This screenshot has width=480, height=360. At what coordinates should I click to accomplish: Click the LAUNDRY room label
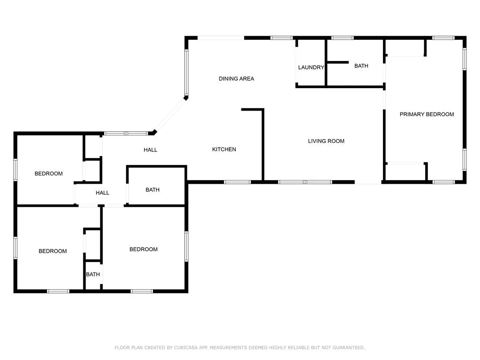311,67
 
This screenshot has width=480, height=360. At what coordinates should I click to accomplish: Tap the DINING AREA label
236,79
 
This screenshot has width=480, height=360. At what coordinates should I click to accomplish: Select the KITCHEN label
224,150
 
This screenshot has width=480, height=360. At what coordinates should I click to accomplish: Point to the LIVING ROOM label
326,141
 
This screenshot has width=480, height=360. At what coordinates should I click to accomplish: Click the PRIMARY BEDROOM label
427,114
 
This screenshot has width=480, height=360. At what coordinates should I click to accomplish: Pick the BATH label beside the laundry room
361,66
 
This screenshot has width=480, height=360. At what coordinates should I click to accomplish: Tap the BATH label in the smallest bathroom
93,274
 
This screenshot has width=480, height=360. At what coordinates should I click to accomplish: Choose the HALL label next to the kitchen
150,150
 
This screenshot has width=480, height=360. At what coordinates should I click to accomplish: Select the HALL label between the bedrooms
102,193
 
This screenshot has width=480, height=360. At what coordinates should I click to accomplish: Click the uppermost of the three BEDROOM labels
49,173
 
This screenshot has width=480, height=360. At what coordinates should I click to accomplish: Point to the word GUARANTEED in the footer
349,347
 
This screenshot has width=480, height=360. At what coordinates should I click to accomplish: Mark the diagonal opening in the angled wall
170,115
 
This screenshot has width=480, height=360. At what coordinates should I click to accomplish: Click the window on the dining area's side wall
186,73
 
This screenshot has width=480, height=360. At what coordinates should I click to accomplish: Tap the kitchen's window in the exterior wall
237,182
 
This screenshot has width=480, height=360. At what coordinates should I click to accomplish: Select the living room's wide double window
305,182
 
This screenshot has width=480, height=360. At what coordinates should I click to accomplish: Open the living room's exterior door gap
368,182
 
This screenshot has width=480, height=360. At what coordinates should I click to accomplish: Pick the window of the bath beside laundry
343,38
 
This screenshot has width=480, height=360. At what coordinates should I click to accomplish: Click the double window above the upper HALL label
126,134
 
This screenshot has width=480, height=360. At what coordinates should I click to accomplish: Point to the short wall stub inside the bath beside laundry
337,62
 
